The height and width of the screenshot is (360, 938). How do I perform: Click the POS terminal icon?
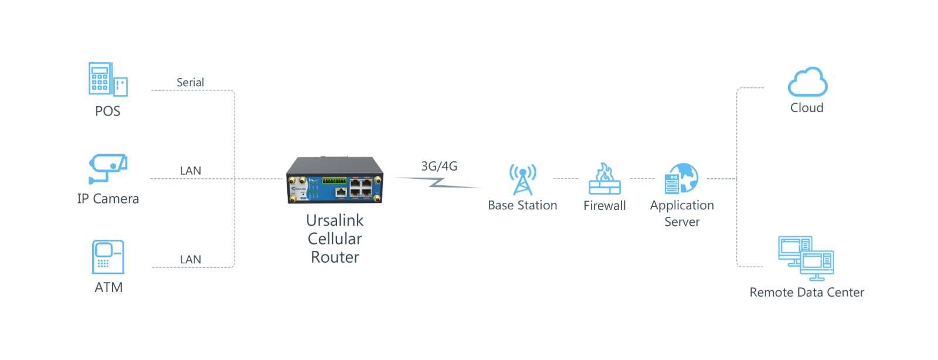point(108,79)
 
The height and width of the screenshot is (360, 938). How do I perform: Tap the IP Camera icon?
point(108,169)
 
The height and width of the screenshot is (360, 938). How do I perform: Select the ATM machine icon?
point(108,257)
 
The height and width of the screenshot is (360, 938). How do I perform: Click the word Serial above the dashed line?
point(190,83)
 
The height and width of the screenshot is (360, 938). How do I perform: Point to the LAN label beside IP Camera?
point(191,171)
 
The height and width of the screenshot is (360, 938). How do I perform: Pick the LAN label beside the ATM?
point(191,260)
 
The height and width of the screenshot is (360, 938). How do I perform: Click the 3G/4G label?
point(439,166)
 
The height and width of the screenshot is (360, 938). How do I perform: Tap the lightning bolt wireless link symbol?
point(437,182)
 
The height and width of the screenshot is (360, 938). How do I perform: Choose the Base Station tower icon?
point(522,179)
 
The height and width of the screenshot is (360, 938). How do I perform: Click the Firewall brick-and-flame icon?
point(604,179)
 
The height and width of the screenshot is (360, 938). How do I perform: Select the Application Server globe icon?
point(681,178)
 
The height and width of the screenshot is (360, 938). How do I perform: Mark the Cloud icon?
point(807,81)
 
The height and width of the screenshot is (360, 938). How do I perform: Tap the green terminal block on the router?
point(334,181)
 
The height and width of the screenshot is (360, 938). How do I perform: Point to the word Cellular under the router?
point(335,239)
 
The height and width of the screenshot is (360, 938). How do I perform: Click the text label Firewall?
point(604,206)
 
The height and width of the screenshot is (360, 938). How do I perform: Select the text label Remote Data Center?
point(807,292)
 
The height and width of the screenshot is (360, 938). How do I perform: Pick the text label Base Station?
point(522,205)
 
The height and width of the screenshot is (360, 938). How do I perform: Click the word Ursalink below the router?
point(335,220)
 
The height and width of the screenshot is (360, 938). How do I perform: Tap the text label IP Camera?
point(108,198)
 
